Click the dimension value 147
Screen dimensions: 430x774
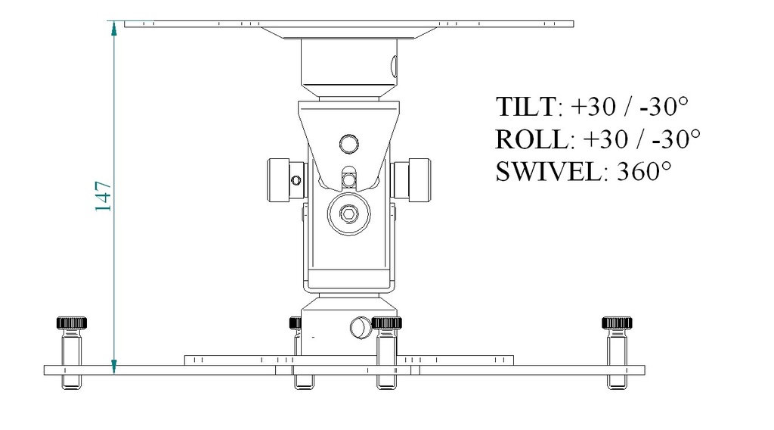104,196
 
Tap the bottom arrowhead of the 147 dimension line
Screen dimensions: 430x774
114,367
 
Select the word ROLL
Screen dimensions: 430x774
529,139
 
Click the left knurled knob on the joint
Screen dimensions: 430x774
285,180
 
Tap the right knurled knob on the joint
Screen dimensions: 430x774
412,180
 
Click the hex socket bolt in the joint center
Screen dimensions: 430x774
348,215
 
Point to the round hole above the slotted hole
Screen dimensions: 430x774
348,143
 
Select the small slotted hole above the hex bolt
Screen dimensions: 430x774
348,179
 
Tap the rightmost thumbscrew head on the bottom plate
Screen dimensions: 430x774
617,322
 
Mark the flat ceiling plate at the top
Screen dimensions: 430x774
348,24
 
